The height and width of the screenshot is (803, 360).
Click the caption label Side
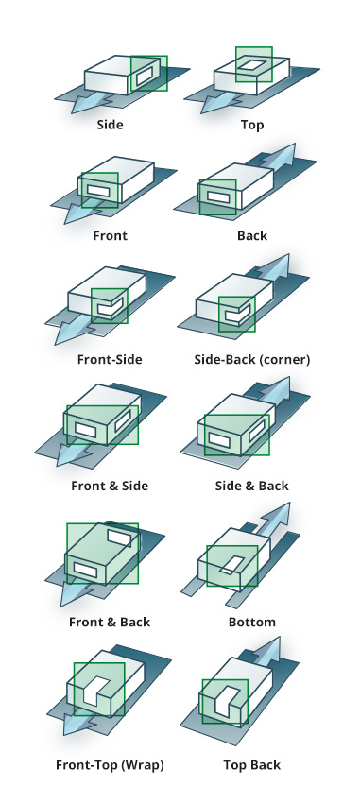point(111,125)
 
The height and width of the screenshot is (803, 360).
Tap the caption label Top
point(252,125)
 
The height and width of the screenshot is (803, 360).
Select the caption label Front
point(111,235)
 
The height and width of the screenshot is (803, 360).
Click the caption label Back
point(252,235)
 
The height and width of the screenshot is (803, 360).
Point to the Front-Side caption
point(110,360)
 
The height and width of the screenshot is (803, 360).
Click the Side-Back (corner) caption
point(252,360)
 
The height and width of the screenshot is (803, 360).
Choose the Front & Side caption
point(110,486)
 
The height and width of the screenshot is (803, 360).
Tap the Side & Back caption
point(252,486)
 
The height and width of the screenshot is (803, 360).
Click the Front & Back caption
point(110,623)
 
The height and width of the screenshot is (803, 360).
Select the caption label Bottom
point(252,623)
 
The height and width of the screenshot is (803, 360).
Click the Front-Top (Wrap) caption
point(110,765)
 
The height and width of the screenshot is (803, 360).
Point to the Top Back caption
point(252,765)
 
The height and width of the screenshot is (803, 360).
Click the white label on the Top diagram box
point(253,64)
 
